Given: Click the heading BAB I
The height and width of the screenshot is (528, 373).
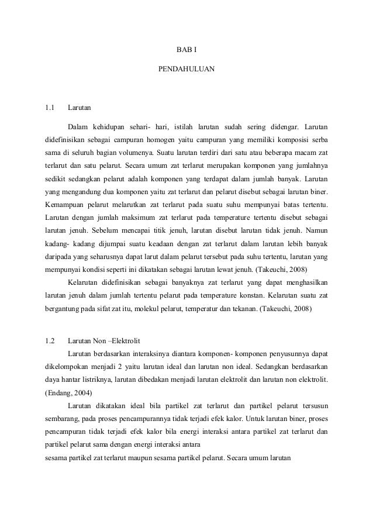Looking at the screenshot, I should (x=186, y=51).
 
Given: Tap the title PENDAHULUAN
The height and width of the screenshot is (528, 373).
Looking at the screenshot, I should (x=186, y=70).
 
